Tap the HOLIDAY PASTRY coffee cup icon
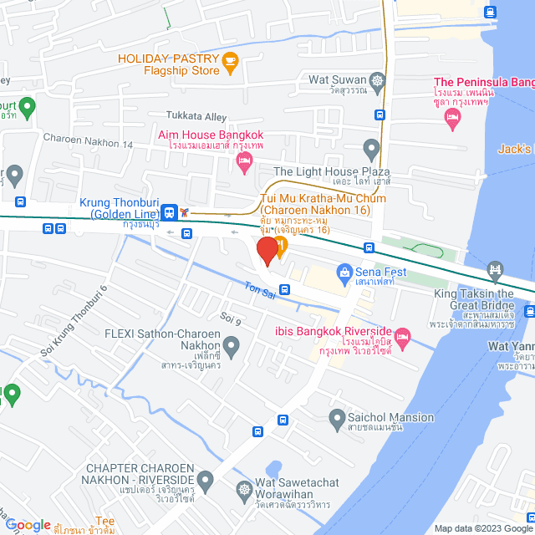[232, 59]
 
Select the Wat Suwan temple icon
[379, 81]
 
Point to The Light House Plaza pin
[372, 151]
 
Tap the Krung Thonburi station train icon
[170, 212]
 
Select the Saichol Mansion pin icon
[338, 417]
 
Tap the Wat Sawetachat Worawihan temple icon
[245, 489]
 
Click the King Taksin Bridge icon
[495, 269]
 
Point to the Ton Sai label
[257, 286]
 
